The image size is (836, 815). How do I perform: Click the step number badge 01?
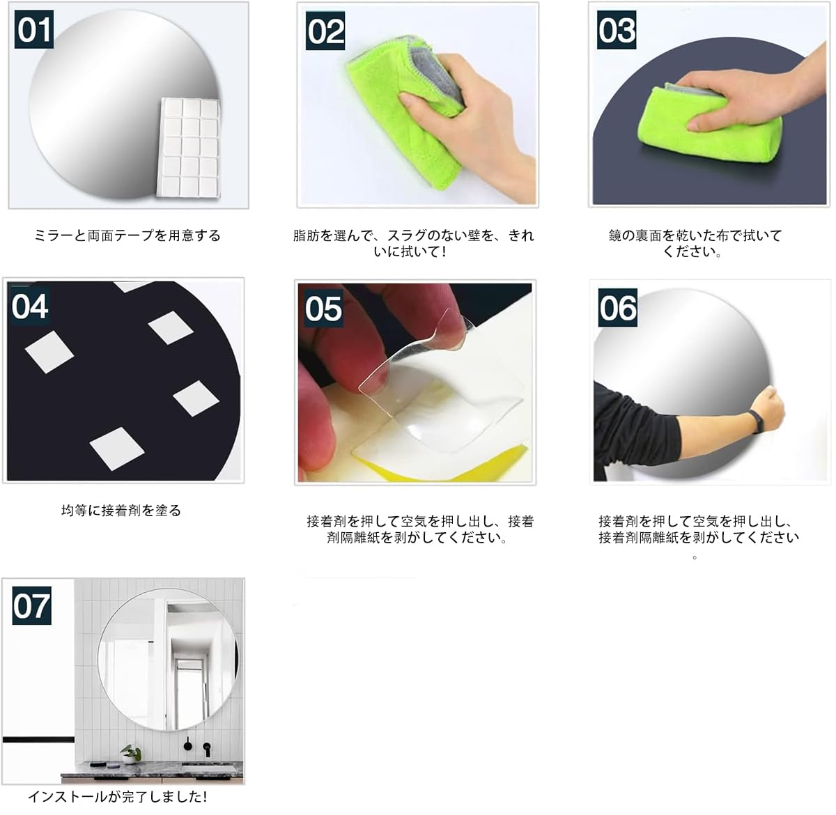tap(34, 29)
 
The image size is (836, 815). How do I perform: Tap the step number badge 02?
tap(325, 31)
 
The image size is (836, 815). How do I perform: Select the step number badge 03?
tap(617, 30)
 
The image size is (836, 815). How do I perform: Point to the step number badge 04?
tap(30, 306)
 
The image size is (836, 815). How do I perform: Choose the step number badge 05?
tap(323, 308)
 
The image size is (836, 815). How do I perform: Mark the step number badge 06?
tap(618, 308)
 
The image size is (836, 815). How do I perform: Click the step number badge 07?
tap(32, 605)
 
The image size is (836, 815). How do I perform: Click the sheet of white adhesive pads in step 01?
tap(189, 148)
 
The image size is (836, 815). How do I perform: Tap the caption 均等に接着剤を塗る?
tap(121, 511)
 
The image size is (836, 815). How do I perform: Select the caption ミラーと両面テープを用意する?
tap(127, 235)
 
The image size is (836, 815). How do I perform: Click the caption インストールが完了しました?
tap(118, 797)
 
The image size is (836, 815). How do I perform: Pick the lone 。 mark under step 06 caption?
tap(695, 558)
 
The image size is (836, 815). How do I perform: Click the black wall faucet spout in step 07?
tap(207, 749)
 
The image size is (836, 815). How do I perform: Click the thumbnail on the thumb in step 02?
tap(406, 100)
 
